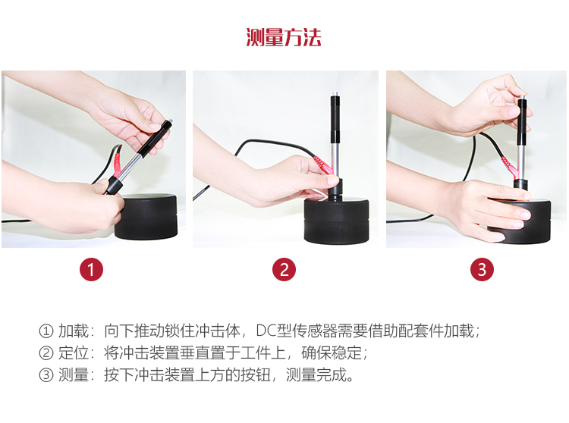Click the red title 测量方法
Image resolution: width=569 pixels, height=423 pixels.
point(284,37)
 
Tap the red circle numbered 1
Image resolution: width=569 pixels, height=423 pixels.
point(92,269)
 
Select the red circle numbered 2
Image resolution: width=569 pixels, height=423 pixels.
point(284,269)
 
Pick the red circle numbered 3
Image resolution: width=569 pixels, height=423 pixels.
point(482,269)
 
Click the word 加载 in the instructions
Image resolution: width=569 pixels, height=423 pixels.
point(74,331)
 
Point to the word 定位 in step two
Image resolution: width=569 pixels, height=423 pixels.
point(74,352)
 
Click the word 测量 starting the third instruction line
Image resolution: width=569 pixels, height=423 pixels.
point(74,374)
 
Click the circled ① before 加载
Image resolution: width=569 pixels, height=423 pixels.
point(46,331)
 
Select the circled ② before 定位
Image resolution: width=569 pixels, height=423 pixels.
point(46,353)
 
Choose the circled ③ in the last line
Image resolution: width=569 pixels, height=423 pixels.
point(46,375)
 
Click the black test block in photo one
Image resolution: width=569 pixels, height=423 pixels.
point(146,217)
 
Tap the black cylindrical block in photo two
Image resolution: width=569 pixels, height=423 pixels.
point(336,221)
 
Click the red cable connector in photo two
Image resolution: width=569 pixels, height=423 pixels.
point(323,164)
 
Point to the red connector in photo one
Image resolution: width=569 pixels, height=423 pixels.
point(117,165)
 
